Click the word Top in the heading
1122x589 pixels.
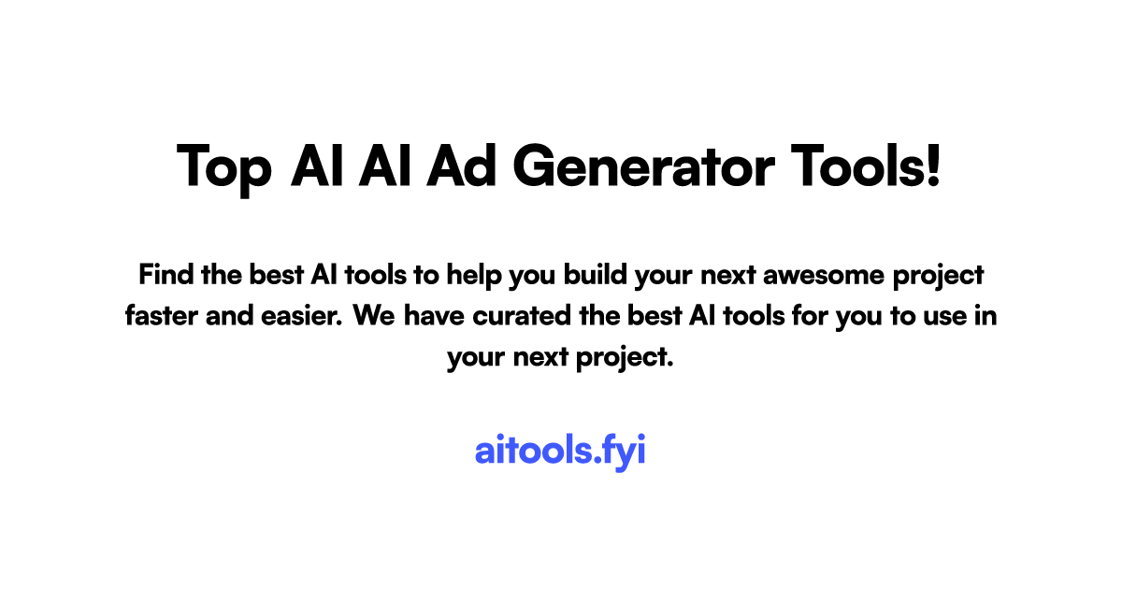tap(224, 169)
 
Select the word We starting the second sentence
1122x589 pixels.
tap(376, 316)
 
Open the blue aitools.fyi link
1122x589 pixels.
tap(560, 451)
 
